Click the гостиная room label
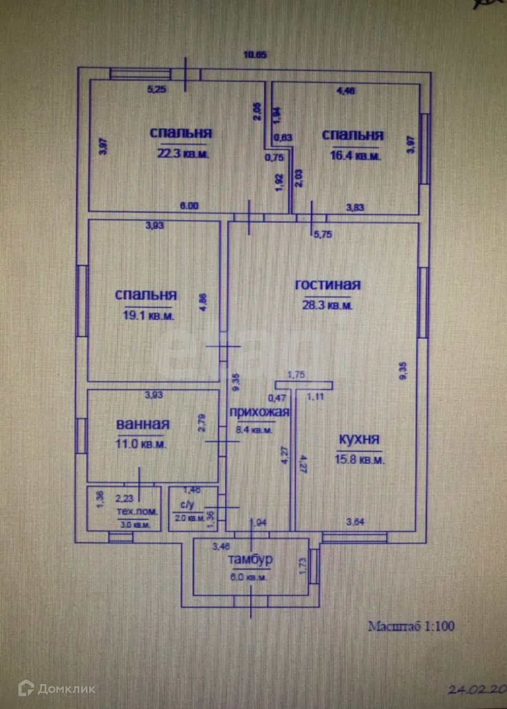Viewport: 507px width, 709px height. (x=328, y=285)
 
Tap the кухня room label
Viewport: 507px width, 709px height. (x=359, y=439)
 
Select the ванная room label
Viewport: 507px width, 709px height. (x=143, y=424)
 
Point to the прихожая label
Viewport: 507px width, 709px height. (x=259, y=412)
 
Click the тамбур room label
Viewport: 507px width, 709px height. (x=250, y=560)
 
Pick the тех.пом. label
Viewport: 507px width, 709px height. (x=137, y=511)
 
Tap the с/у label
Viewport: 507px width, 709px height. (x=187, y=505)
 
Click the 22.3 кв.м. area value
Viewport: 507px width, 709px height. (x=183, y=154)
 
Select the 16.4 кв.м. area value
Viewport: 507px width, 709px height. (x=355, y=155)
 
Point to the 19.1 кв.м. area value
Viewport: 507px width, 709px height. (x=148, y=316)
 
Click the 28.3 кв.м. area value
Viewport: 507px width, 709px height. (x=327, y=305)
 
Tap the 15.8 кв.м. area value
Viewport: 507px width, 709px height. (x=360, y=460)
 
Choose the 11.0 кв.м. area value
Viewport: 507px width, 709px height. (x=141, y=444)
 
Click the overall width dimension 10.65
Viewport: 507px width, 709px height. (x=255, y=54)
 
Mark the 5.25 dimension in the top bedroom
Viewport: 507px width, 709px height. (x=157, y=89)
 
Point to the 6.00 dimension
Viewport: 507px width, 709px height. (x=190, y=206)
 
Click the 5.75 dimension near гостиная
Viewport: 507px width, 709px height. (x=323, y=234)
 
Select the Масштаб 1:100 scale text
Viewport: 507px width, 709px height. (x=411, y=626)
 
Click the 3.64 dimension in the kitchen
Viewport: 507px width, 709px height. (x=355, y=522)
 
